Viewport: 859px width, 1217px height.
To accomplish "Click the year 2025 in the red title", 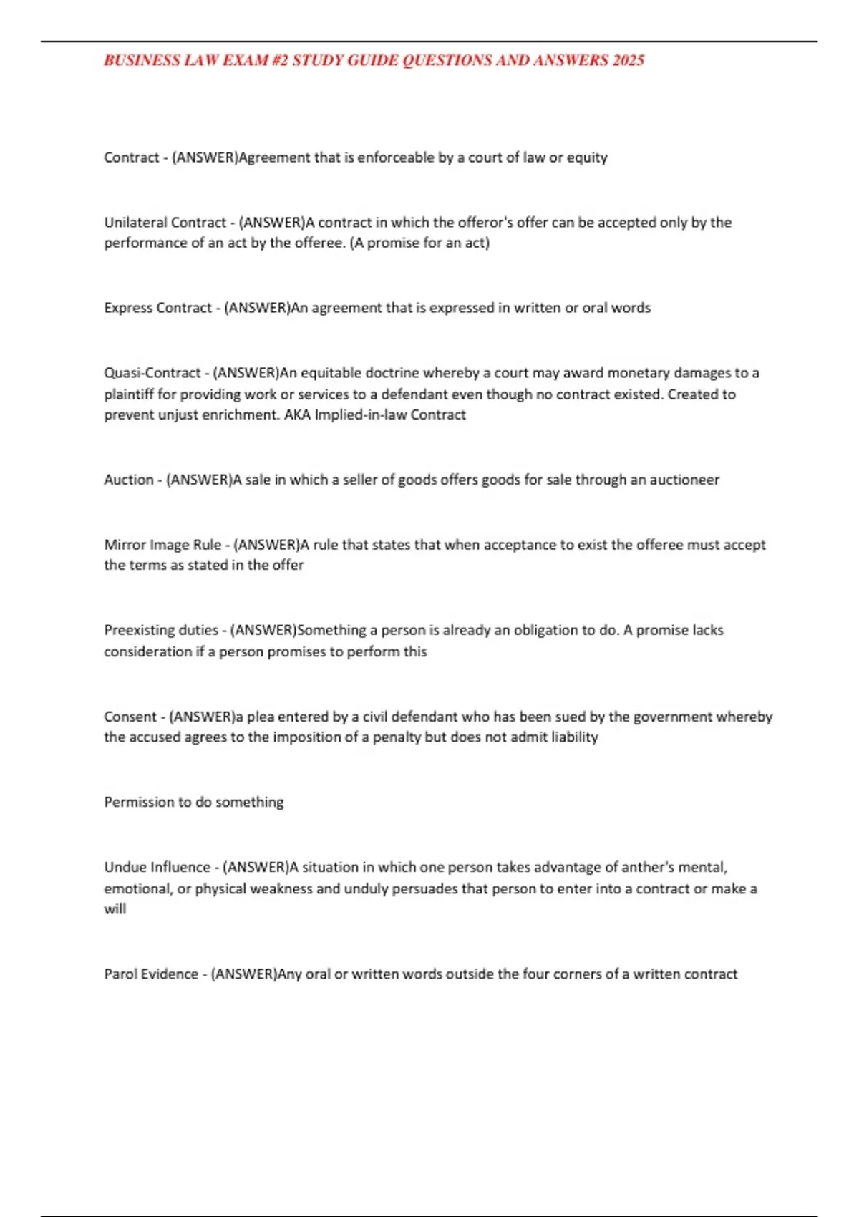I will pos(628,60).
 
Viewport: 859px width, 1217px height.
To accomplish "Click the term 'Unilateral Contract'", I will pos(165,223).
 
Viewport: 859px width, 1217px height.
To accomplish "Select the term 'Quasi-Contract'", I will pos(152,373).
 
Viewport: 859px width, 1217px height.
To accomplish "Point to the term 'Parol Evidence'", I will pos(151,974).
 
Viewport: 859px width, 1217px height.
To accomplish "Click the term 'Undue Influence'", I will pos(157,868).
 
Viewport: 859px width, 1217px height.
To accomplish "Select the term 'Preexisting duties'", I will pos(161,631).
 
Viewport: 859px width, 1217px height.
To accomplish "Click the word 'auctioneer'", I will pos(684,480).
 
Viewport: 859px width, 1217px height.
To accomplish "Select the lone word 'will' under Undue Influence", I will pos(115,909).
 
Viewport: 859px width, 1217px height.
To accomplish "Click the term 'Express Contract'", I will pos(157,308).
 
